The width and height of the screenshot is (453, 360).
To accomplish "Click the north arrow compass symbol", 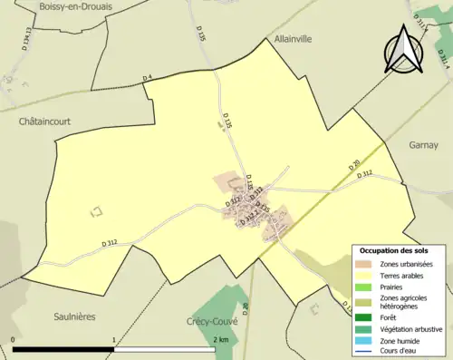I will click(x=403, y=48).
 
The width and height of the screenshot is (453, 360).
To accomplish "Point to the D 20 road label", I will click(x=354, y=167).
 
